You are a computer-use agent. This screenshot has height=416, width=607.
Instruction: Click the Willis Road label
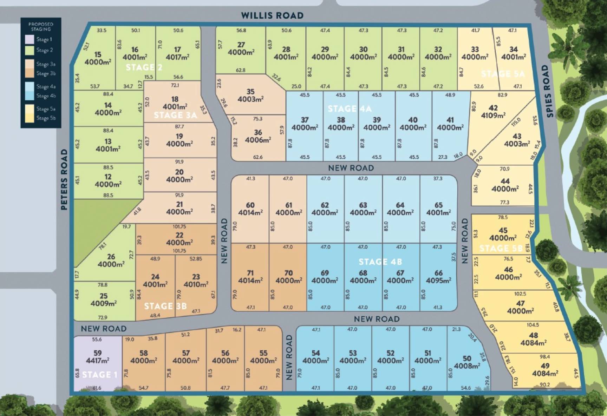pos(272,15)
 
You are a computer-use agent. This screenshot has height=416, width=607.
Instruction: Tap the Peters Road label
pos(64,179)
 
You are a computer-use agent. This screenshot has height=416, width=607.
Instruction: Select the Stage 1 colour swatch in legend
pos(30,39)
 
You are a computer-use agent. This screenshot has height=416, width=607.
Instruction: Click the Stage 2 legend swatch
pos(30,50)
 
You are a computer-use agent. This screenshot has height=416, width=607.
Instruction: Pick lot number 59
pos(98,353)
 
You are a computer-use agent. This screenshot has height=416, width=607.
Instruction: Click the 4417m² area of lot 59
pos(98,361)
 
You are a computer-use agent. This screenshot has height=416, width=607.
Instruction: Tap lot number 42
pos(493,108)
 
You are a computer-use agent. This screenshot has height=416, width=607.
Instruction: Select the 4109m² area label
pos(493,115)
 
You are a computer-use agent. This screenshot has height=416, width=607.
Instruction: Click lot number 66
pos(438,273)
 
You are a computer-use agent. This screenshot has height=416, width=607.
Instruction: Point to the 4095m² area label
pos(438,280)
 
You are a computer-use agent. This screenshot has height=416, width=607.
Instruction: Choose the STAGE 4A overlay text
pos(350,109)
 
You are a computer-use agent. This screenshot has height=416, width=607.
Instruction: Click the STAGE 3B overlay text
pos(165,306)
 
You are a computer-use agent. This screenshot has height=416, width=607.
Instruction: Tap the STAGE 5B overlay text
pos(501,249)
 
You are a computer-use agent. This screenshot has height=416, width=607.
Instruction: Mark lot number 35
pos(250,92)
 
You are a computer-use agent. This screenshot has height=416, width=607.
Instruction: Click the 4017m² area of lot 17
pos(177,57)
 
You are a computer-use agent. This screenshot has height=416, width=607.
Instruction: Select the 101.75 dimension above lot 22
pos(179,227)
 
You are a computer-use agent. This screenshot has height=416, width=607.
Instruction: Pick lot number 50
pos(467,358)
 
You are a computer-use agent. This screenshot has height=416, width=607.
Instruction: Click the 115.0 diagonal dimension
pos(516,122)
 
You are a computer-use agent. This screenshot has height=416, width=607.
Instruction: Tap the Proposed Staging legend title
pos(41,27)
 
